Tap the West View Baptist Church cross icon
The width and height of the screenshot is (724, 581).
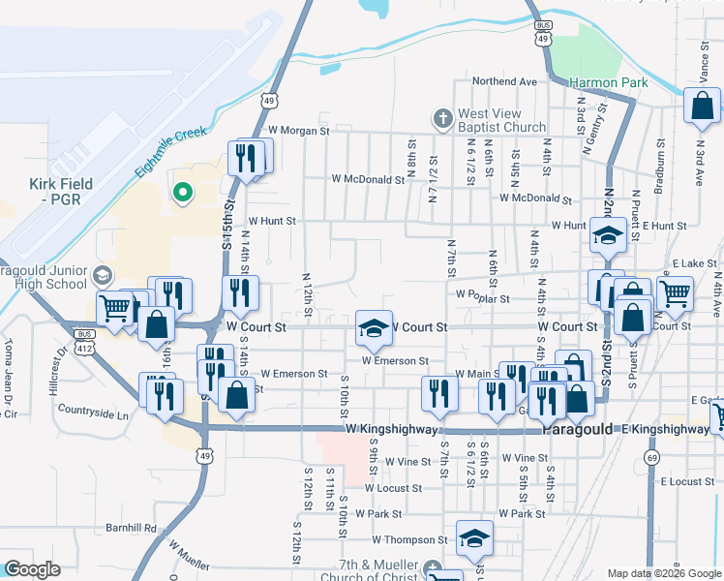tap(442, 118)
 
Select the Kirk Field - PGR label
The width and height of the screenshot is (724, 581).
tap(61, 191)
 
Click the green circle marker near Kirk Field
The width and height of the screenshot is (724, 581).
tap(182, 193)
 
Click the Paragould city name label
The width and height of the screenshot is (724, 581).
tap(577, 429)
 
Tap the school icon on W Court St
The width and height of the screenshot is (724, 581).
tap(373, 326)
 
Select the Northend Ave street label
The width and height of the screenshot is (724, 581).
tap(504, 82)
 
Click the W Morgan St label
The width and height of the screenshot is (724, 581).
tap(299, 131)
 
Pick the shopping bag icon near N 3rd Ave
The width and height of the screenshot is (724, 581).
tap(702, 105)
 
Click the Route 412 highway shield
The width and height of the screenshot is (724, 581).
tap(86, 347)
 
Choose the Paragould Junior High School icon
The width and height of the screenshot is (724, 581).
tap(102, 275)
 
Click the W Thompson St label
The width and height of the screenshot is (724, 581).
tap(410, 540)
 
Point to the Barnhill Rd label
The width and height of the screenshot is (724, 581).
tap(131, 529)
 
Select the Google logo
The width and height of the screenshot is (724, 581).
tap(32, 569)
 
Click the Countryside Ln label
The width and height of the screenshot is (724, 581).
tap(93, 414)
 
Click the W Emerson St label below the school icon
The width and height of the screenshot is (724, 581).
tap(395, 360)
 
